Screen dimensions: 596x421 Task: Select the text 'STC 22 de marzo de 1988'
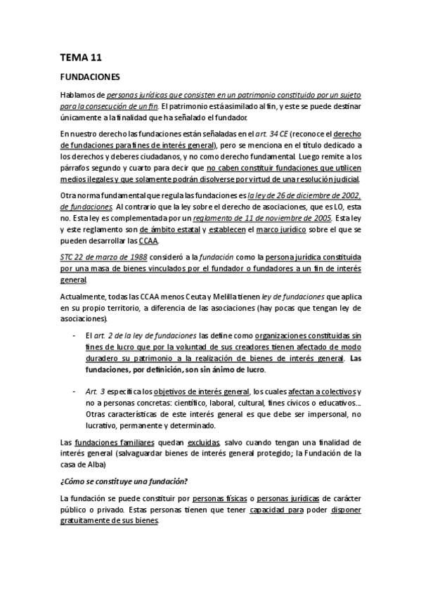(x=103, y=258)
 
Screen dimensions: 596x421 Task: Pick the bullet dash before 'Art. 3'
(x=75, y=391)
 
